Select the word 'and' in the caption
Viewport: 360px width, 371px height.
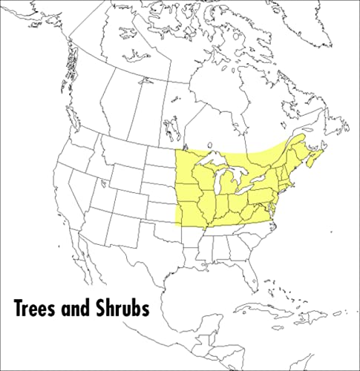click(x=79, y=306)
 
